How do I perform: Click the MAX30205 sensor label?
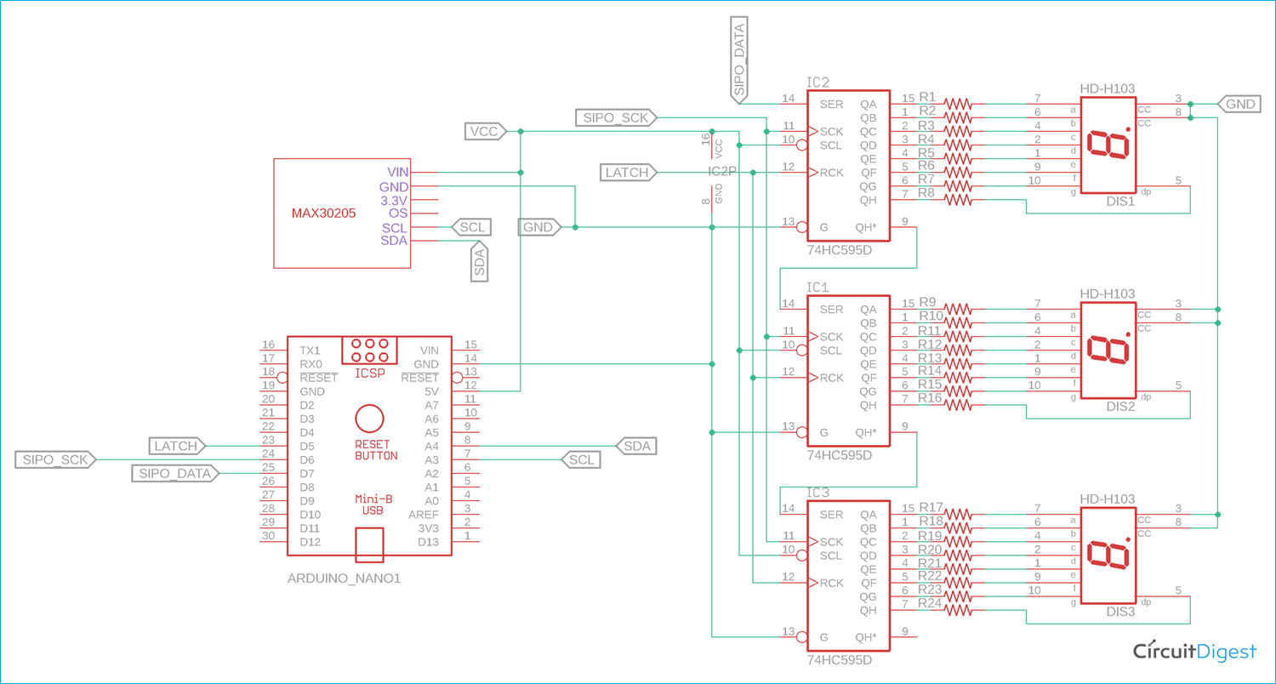[x=323, y=213]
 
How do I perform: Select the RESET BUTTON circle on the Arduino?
[x=369, y=419]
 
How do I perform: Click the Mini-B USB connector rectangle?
[x=369, y=544]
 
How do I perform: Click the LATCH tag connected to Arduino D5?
[x=176, y=446]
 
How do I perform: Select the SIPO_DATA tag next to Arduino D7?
[x=174, y=473]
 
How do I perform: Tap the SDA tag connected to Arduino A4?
[x=636, y=446]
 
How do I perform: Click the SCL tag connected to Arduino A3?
[x=582, y=459]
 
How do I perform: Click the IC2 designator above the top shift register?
[x=817, y=83]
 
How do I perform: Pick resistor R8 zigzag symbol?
[x=958, y=200]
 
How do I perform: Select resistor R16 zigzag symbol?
[x=958, y=405]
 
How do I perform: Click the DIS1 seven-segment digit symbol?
[x=1108, y=144]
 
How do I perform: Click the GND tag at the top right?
[x=1239, y=104]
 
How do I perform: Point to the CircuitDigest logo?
[x=1194, y=651]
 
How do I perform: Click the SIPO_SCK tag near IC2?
[x=615, y=117]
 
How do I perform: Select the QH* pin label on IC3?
[x=866, y=637]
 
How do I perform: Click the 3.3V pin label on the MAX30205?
[x=394, y=200]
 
